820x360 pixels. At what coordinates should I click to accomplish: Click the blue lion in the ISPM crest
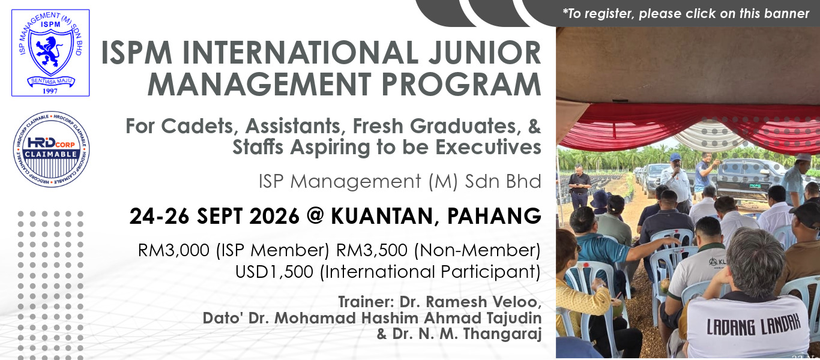(50, 51)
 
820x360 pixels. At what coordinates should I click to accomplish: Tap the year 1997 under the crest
(50, 91)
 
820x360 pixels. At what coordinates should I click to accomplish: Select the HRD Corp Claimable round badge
(51, 149)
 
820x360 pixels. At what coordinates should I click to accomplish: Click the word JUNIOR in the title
(484, 53)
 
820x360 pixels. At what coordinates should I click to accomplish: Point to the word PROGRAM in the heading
(461, 85)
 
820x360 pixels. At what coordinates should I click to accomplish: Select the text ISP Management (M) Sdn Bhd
(400, 181)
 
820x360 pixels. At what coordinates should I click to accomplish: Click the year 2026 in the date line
(274, 216)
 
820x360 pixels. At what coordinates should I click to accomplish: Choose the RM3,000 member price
(173, 251)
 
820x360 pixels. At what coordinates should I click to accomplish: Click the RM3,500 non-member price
(372, 251)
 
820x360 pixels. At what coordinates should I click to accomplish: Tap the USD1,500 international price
(274, 272)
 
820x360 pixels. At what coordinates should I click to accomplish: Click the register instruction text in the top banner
(686, 14)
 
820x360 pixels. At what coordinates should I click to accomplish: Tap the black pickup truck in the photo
(750, 179)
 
